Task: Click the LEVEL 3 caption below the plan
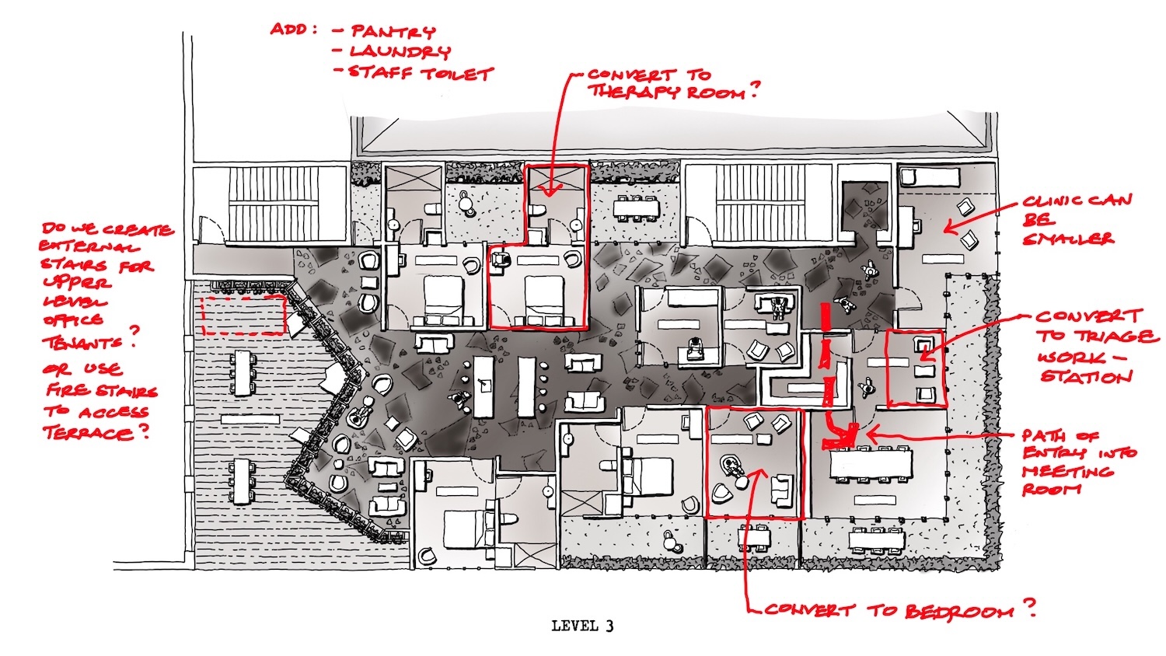pos(582,625)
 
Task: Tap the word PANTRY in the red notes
pos(393,32)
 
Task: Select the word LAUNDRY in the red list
pos(400,51)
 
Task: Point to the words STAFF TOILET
pos(421,73)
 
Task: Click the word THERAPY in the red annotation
pos(634,92)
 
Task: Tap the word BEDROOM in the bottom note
pos(959,611)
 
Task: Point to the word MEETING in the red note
pos(1067,472)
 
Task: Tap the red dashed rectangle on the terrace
pos(244,315)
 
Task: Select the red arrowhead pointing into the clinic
pos(951,228)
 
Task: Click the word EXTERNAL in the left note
pos(89,246)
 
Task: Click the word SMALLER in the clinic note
pos(1067,239)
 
